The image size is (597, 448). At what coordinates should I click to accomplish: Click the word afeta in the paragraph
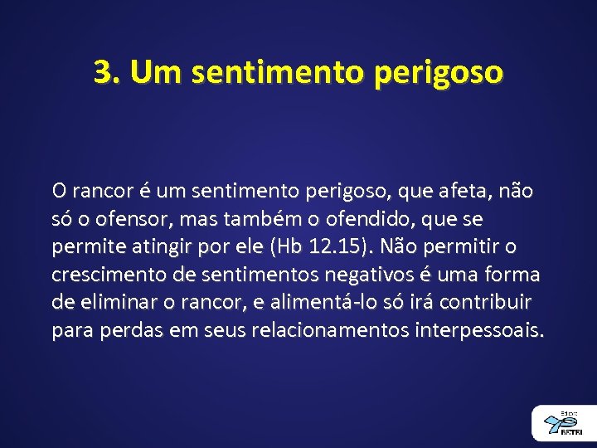(458, 192)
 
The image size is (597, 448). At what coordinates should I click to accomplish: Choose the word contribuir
(486, 303)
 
